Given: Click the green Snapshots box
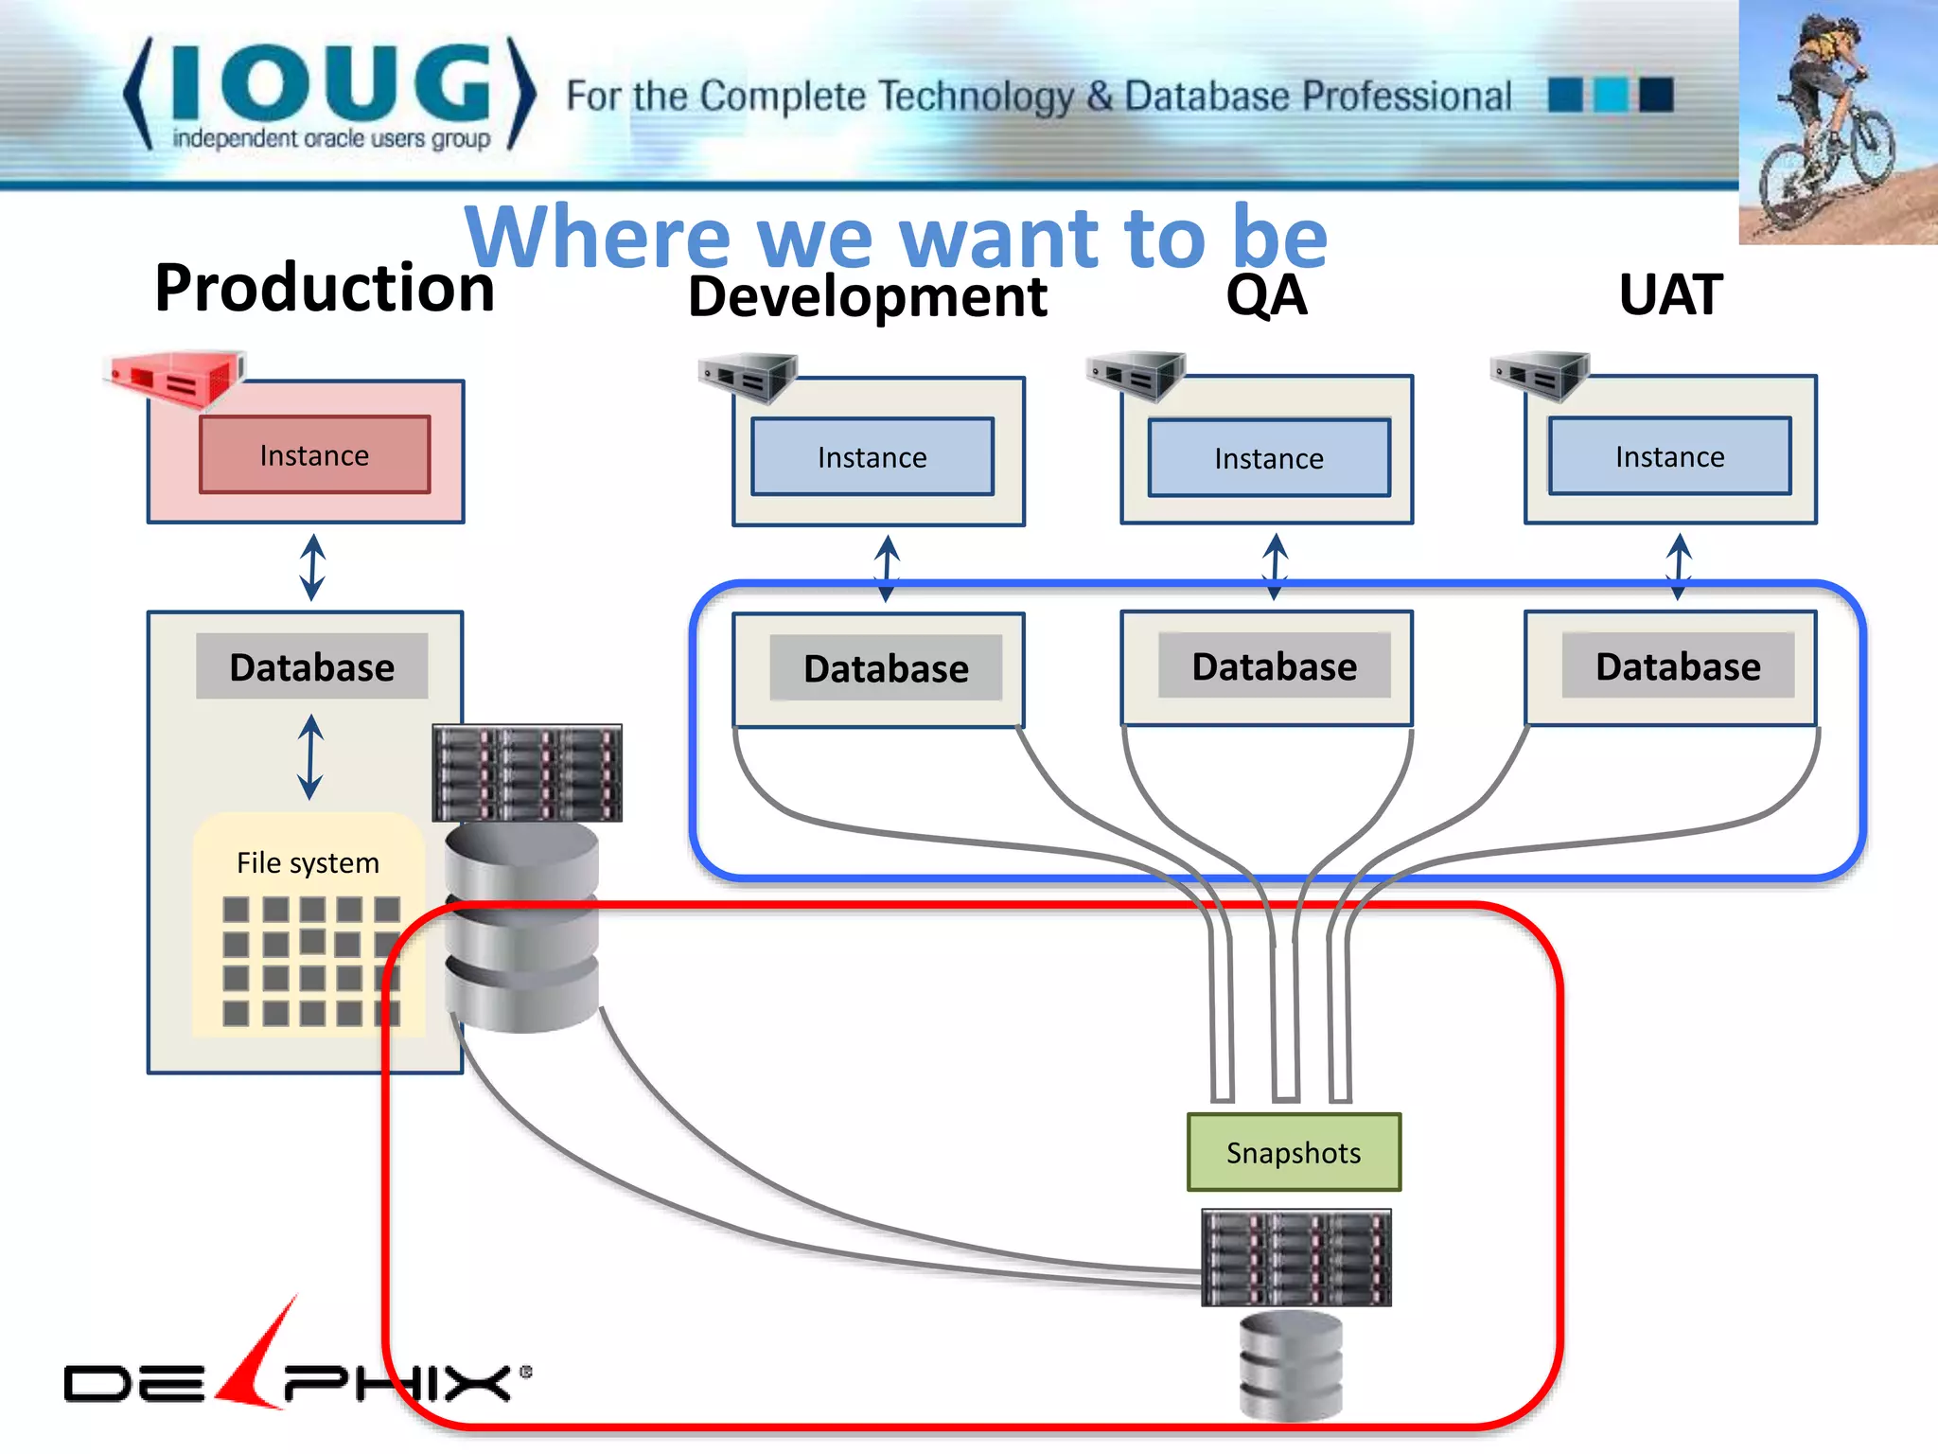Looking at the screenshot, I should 1293,1152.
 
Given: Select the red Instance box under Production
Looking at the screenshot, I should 314,455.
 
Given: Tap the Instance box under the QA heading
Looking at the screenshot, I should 1269,458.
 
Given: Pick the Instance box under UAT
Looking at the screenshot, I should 1669,456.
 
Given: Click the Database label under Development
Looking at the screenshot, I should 886,668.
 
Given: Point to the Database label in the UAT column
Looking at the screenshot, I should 1678,666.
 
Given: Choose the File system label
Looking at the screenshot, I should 308,862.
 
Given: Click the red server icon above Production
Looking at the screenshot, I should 176,378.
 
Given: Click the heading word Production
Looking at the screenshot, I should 325,288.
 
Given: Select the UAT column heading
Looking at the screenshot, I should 1670,294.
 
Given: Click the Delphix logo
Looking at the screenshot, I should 293,1373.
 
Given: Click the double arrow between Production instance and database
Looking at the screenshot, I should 312,567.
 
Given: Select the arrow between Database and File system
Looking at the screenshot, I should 310,756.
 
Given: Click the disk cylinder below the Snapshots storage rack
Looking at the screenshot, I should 1291,1365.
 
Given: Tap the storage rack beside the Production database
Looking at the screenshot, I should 527,772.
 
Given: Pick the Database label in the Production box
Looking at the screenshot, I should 311,666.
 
